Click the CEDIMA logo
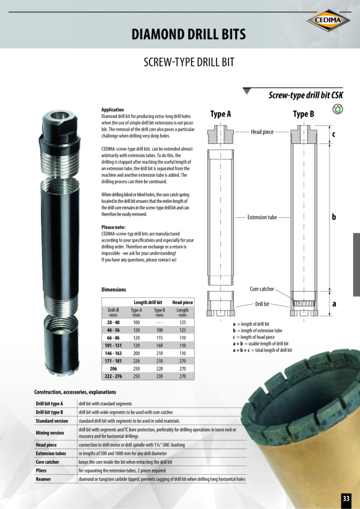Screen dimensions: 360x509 328,20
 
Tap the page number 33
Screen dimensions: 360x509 346,498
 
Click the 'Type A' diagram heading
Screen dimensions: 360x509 220,114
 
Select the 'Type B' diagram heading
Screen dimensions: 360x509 304,114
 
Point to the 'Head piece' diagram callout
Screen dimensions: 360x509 262,132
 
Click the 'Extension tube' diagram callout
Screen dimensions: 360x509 262,217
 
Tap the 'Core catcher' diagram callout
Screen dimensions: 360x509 262,289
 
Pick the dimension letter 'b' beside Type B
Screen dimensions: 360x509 334,217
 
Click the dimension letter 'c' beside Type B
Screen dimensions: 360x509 333,134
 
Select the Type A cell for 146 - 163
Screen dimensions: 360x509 137,353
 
